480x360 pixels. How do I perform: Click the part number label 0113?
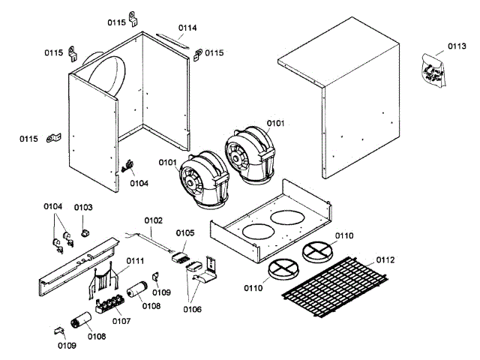pyautogui.click(x=457, y=46)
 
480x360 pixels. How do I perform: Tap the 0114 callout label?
pyautogui.click(x=187, y=28)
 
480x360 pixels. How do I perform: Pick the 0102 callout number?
pyautogui.click(x=153, y=220)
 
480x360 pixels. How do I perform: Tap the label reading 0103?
pyautogui.click(x=83, y=207)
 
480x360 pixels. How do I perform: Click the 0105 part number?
pyautogui.click(x=184, y=233)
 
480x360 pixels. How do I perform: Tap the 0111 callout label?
pyautogui.click(x=135, y=260)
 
